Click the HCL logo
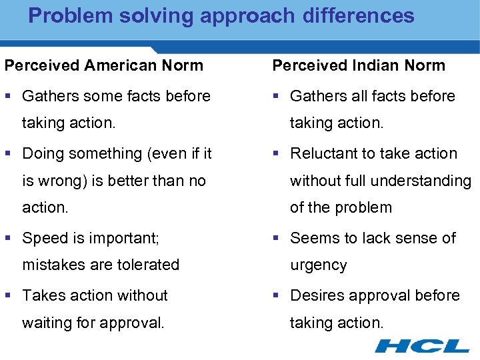pos(422,345)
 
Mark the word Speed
pos(43,238)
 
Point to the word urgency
pos(318,265)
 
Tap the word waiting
pos(48,323)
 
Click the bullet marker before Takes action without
pos(8,296)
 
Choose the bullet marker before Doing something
pos(8,154)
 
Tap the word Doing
pos(42,153)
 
